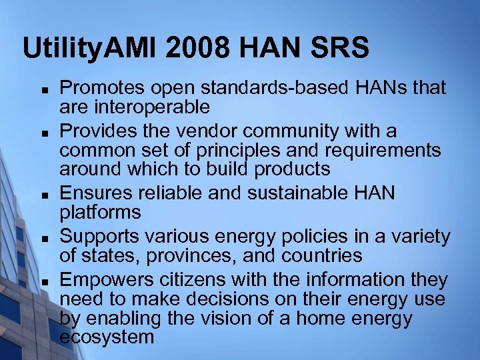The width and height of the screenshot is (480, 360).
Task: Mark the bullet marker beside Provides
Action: pyautogui.click(x=42, y=132)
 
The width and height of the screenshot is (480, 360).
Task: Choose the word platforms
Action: pyautogui.click(x=100, y=212)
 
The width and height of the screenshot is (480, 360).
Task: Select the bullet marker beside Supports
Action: pyautogui.click(x=42, y=237)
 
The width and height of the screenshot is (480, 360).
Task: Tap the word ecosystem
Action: pyautogui.click(x=106, y=337)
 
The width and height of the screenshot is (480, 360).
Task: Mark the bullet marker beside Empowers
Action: pyautogui.click(x=42, y=280)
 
